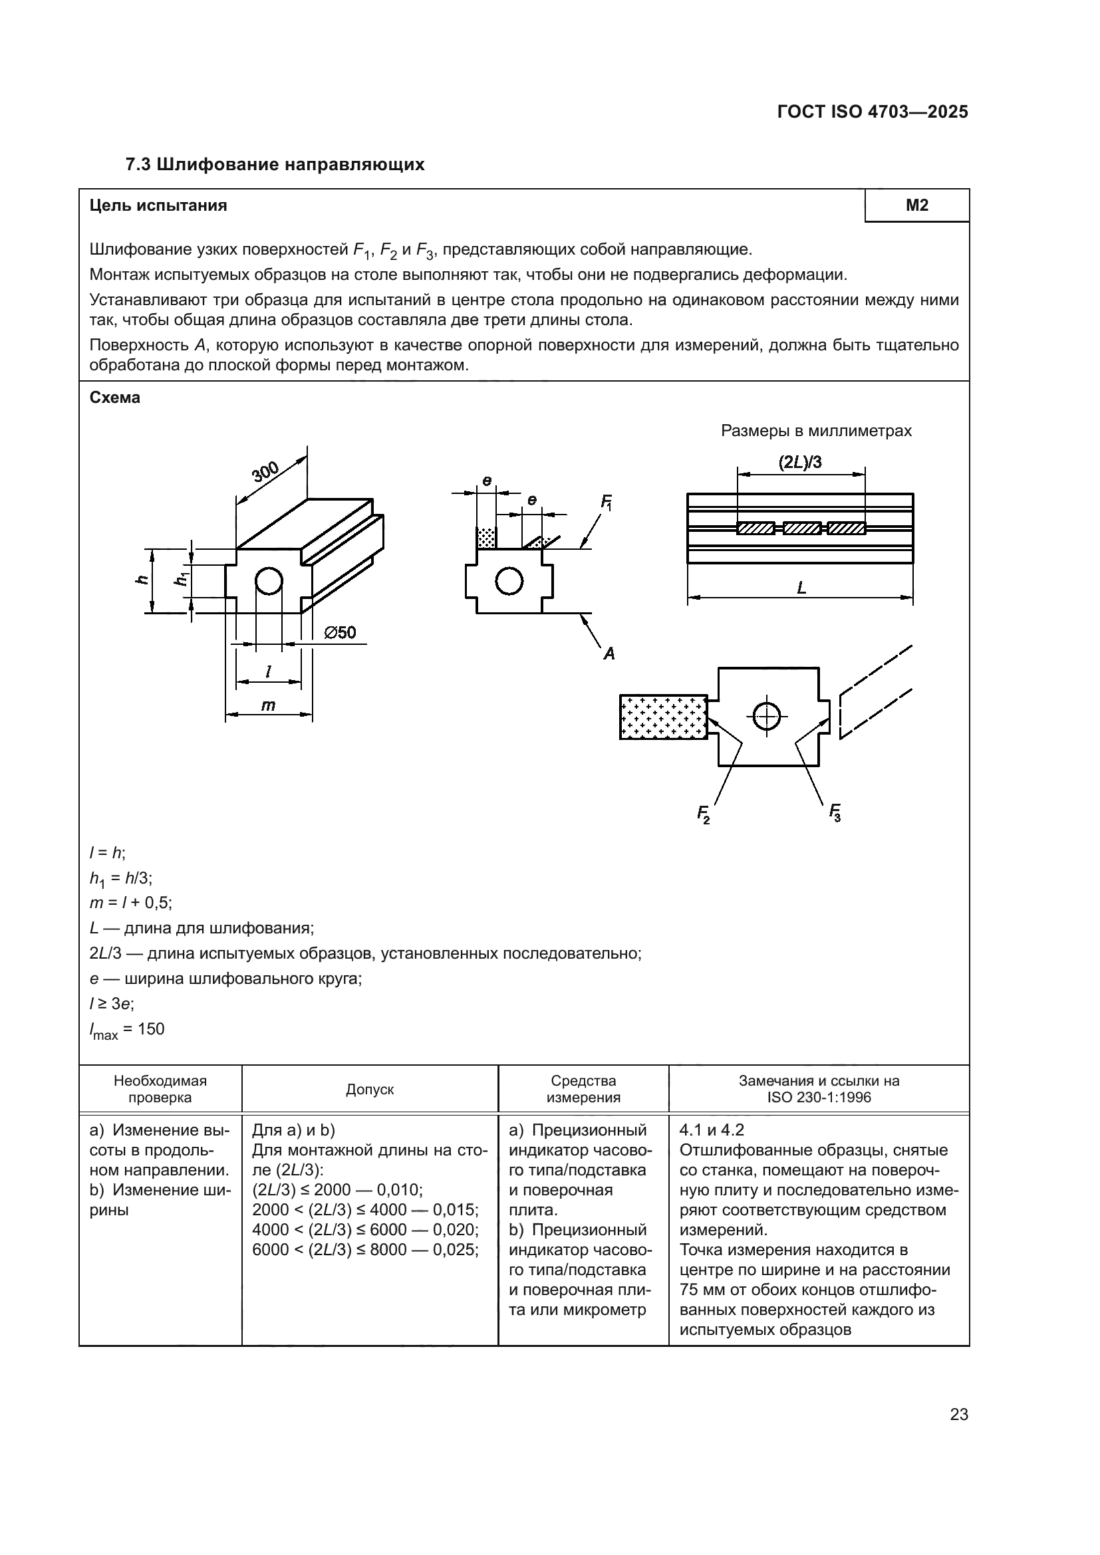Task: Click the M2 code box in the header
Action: [x=916, y=205]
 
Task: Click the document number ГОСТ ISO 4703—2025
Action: [x=873, y=112]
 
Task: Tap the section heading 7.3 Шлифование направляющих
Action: [x=275, y=164]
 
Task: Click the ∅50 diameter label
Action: [x=340, y=632]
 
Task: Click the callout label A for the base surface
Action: [x=609, y=654]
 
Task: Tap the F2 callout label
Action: [x=704, y=813]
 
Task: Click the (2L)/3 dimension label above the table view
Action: [x=800, y=463]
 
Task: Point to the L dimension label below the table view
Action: [x=801, y=588]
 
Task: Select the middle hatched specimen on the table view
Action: [x=802, y=529]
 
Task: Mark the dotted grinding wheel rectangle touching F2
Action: [x=663, y=717]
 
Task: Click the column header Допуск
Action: [x=370, y=1089]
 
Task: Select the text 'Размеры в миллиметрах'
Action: [x=815, y=431]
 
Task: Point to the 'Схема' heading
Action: [x=115, y=398]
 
